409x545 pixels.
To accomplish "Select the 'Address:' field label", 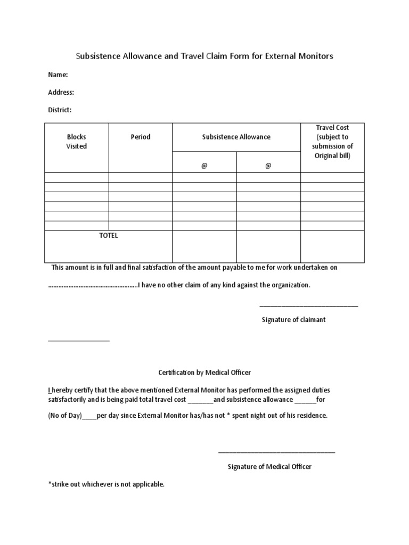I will [x=61, y=92].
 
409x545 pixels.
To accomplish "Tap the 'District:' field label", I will [x=60, y=110].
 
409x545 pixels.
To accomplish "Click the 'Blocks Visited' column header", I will [x=76, y=142].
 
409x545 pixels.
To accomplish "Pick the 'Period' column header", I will [x=141, y=137].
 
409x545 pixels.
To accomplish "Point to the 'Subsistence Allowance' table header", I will [x=236, y=137].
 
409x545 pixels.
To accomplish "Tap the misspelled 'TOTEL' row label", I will [x=109, y=236].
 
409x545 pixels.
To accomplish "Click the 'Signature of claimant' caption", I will [x=293, y=320].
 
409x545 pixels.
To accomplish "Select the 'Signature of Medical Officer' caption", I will [x=269, y=466].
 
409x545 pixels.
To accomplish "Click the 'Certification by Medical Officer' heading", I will [x=204, y=372].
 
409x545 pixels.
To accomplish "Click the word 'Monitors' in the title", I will [x=314, y=56].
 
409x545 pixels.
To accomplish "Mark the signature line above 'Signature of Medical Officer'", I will [x=276, y=452].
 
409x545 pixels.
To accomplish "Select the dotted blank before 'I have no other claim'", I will [x=93, y=285].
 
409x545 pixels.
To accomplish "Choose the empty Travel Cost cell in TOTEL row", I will [x=332, y=246].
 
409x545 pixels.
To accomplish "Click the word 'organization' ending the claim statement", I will [x=290, y=285].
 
